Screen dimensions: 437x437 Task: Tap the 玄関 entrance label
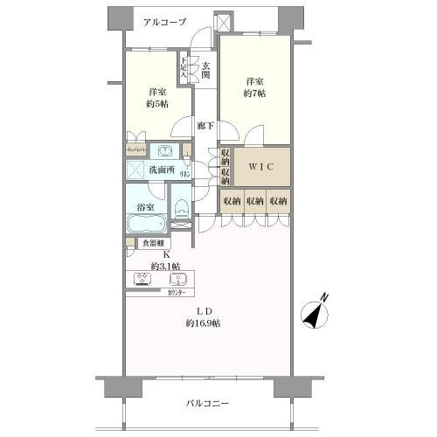tap(205, 71)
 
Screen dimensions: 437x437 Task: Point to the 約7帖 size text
tap(255, 91)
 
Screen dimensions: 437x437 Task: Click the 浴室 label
tap(145, 207)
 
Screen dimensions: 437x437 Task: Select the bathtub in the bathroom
tap(145, 225)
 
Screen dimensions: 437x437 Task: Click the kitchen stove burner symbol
tap(141, 281)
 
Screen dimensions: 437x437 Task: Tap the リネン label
tap(186, 174)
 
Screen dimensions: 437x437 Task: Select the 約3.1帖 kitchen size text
tap(165, 266)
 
